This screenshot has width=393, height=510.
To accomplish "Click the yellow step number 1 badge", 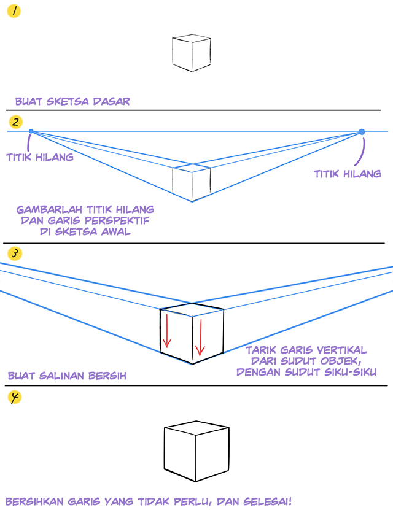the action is click(14, 11).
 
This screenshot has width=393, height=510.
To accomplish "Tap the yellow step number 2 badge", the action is click(15, 122).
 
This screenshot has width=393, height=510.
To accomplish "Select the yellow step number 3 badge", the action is click(15, 253).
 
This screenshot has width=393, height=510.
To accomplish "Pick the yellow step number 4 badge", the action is click(15, 397).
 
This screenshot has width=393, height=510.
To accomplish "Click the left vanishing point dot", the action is click(31, 131).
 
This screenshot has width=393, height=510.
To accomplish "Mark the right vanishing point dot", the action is click(362, 132).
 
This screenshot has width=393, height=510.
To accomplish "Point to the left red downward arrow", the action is click(167, 330).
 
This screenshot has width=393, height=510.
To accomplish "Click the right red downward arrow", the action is click(200, 337).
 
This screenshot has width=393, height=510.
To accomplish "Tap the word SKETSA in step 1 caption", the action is click(68, 101).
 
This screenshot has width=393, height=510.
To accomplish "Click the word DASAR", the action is click(112, 101).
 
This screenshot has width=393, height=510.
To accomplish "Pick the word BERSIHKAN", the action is click(34, 501).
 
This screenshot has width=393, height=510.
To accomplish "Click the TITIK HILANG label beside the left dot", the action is click(40, 158).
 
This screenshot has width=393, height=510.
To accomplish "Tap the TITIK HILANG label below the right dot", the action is click(348, 174).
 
